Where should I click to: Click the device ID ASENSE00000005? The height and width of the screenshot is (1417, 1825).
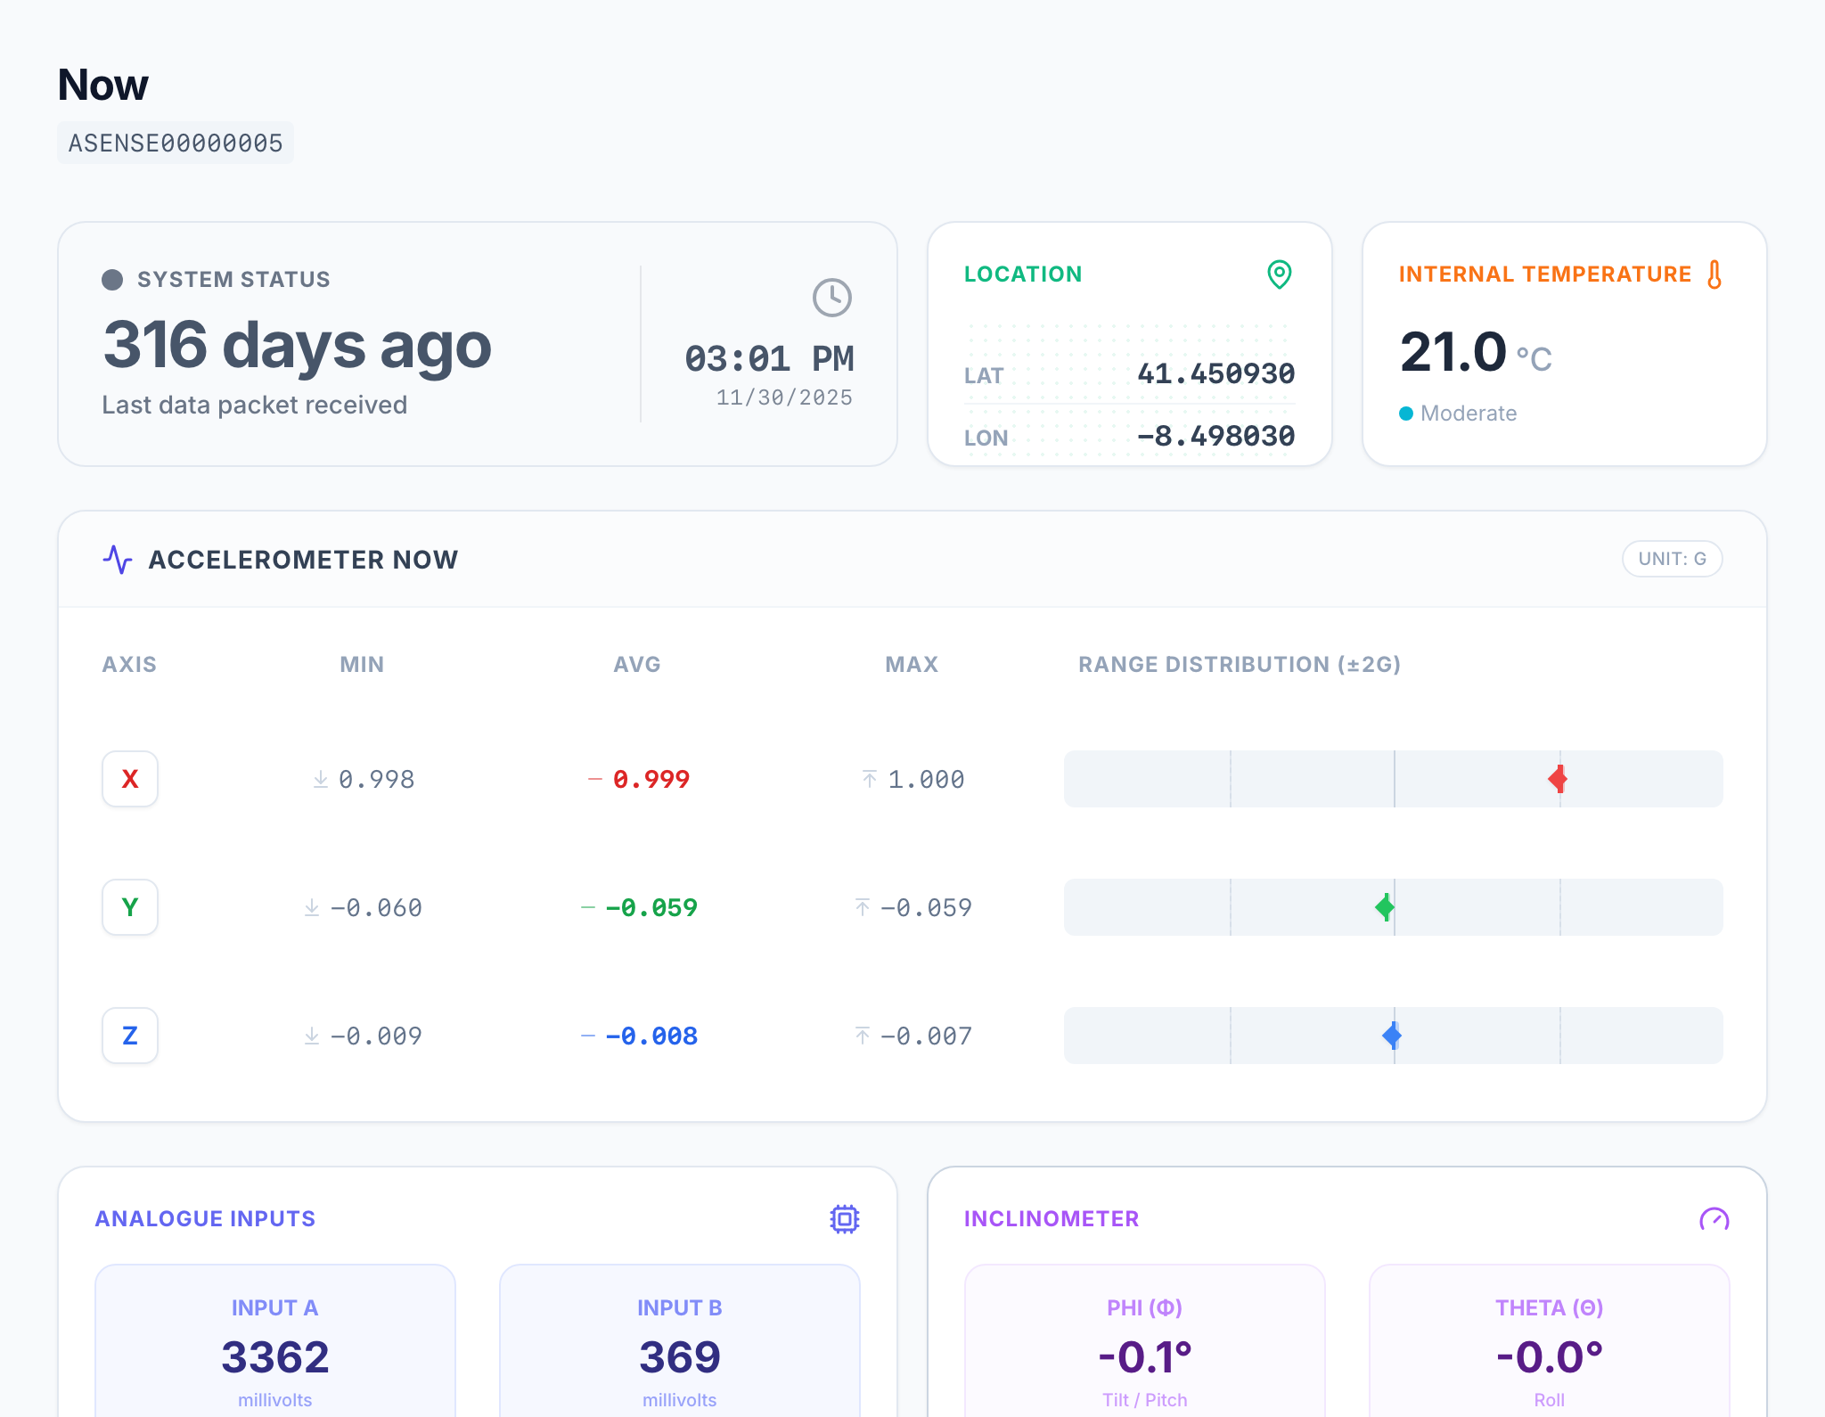pyautogui.click(x=176, y=143)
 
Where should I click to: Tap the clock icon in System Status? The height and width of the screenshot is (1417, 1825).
pyautogui.click(x=832, y=298)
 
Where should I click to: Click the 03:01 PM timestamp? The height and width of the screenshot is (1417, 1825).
pyautogui.click(x=769, y=359)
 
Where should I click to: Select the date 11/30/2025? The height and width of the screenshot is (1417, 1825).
pyautogui.click(x=784, y=397)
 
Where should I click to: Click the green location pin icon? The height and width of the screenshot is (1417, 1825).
pyautogui.click(x=1280, y=274)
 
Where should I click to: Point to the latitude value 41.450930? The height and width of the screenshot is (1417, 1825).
pyautogui.click(x=1215, y=373)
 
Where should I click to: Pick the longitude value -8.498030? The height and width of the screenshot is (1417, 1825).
pyautogui.click(x=1215, y=436)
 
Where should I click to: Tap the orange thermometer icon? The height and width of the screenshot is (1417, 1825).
pyautogui.click(x=1715, y=274)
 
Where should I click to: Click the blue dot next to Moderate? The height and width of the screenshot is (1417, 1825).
pyautogui.click(x=1406, y=414)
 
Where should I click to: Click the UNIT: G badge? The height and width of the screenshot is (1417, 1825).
pyautogui.click(x=1672, y=559)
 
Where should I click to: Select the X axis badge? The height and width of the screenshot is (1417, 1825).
pyautogui.click(x=130, y=779)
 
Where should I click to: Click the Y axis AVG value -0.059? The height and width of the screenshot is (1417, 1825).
pyautogui.click(x=651, y=907)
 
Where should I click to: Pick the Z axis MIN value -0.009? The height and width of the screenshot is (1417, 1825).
pyautogui.click(x=376, y=1036)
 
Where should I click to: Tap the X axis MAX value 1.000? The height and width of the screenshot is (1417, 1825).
pyautogui.click(x=926, y=779)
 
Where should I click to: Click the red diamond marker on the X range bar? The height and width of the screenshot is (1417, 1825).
pyautogui.click(x=1558, y=779)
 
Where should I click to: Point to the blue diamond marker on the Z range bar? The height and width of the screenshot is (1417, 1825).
pyautogui.click(x=1392, y=1036)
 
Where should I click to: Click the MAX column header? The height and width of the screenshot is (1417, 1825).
pyautogui.click(x=912, y=664)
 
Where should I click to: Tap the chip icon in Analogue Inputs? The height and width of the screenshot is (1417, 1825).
pyautogui.click(x=845, y=1219)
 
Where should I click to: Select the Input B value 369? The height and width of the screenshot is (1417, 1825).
pyautogui.click(x=680, y=1357)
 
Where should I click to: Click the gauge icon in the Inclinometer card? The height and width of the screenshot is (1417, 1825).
pyautogui.click(x=1715, y=1219)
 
